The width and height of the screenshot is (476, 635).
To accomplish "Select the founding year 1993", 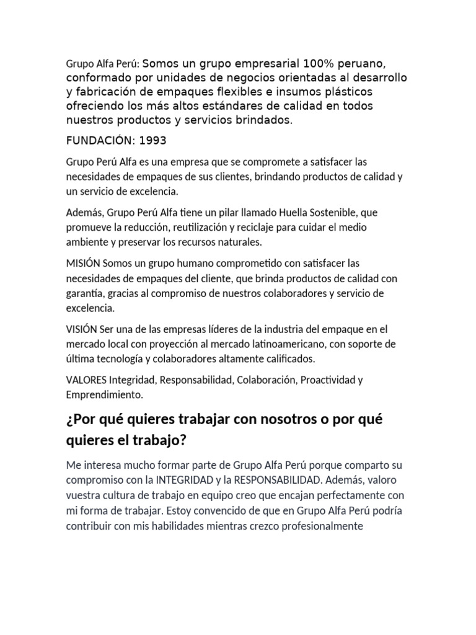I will (153, 140).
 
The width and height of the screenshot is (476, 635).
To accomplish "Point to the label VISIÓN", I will (82, 329).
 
